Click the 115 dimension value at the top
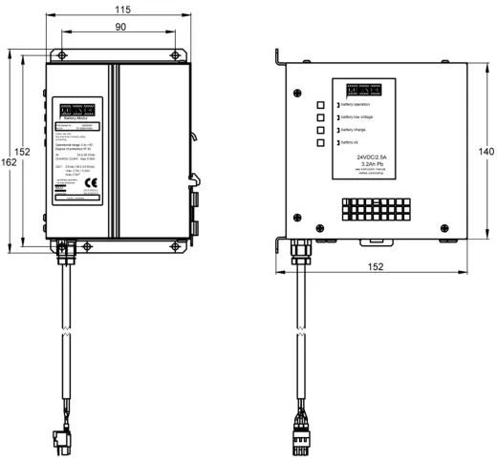(x=121, y=8)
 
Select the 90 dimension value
(x=121, y=29)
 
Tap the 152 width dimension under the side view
(x=376, y=267)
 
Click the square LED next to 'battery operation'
(x=321, y=104)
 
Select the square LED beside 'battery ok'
(x=321, y=142)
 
